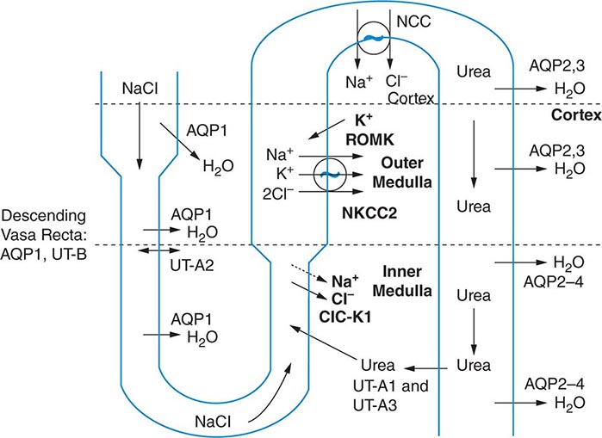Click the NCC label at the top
click(x=413, y=16)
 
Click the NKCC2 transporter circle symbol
click(x=327, y=174)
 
